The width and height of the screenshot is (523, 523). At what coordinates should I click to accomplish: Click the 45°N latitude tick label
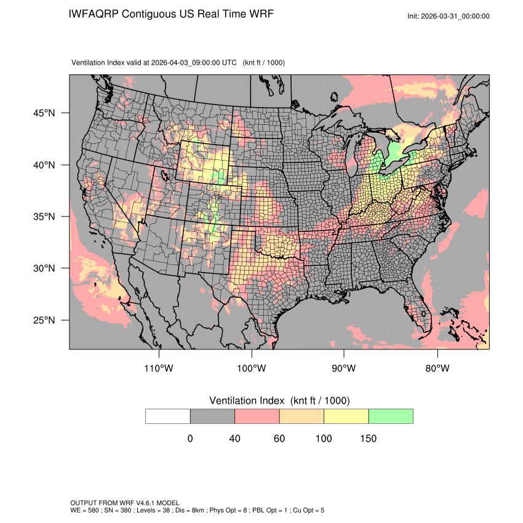(46, 113)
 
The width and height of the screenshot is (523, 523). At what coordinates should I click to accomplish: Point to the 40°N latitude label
(46, 165)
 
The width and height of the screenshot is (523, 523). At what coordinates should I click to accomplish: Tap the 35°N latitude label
(46, 217)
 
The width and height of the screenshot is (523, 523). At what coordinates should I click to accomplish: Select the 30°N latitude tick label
(46, 268)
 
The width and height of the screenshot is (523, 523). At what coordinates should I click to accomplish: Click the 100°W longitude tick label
(252, 369)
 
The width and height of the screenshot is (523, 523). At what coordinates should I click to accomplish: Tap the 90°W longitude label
(344, 369)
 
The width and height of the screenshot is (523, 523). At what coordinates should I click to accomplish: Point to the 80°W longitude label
(437, 369)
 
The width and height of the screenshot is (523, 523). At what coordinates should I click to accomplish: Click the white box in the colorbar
(168, 416)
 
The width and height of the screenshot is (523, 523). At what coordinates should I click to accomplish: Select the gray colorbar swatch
(212, 416)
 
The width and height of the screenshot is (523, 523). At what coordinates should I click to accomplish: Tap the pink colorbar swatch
(257, 416)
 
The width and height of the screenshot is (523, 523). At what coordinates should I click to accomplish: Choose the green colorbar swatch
(391, 416)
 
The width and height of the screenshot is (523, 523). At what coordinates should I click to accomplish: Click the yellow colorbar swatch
(346, 416)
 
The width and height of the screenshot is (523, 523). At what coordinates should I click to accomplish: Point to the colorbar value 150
(368, 439)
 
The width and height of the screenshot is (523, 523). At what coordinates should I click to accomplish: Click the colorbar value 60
(279, 439)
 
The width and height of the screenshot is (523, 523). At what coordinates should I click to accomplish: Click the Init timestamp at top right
(449, 16)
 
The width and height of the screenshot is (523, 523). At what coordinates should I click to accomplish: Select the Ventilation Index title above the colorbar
(279, 401)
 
